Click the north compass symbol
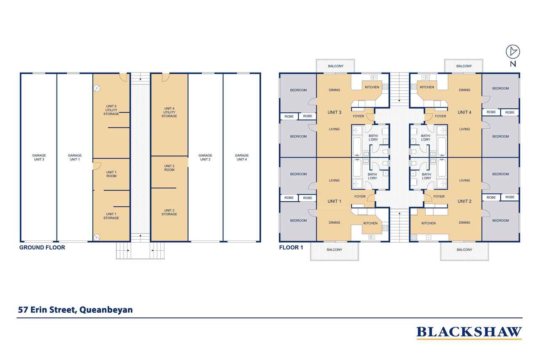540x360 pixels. (x=513, y=51)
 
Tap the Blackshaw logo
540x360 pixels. (x=469, y=332)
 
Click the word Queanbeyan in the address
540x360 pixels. (x=106, y=310)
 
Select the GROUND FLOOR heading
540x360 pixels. (x=42, y=248)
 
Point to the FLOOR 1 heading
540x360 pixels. (x=291, y=248)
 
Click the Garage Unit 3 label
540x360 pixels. (x=39, y=157)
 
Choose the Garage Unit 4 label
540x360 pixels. (x=242, y=157)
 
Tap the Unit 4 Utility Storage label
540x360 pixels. (x=169, y=112)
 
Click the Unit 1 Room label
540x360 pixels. (x=111, y=174)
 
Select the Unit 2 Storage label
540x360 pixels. (x=169, y=212)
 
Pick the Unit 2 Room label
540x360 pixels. (x=169, y=168)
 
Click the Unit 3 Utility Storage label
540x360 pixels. (x=111, y=110)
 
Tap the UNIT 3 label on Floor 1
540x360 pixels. (x=335, y=112)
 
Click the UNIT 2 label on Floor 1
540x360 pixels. (x=464, y=201)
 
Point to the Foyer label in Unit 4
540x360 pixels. (x=440, y=116)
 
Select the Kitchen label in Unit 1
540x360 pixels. (x=370, y=223)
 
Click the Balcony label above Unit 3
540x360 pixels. (x=335, y=66)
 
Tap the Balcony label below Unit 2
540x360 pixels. (x=464, y=249)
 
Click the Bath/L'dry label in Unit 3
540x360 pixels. (x=373, y=138)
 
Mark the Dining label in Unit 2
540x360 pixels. (x=464, y=222)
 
